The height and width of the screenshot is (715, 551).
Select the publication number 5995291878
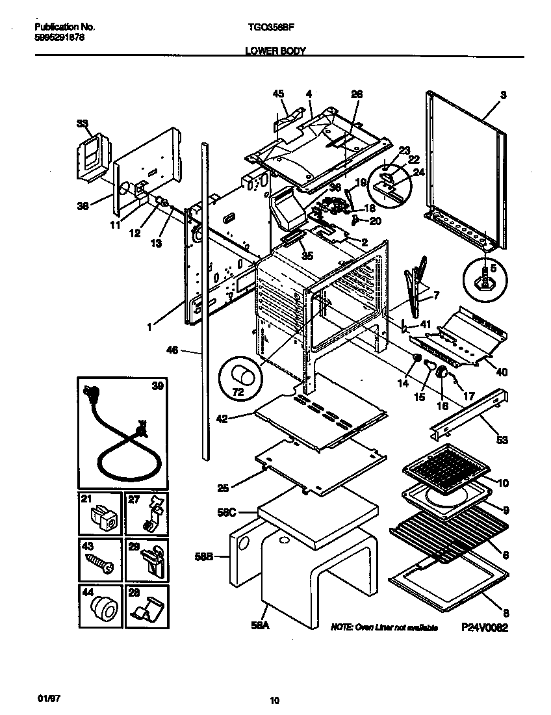pos(58,38)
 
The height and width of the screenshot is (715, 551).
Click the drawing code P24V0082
pos(484,628)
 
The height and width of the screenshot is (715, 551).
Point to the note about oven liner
pos(384,628)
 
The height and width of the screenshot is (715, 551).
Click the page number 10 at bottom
pos(275,701)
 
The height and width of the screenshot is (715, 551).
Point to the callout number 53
pos(502,440)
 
